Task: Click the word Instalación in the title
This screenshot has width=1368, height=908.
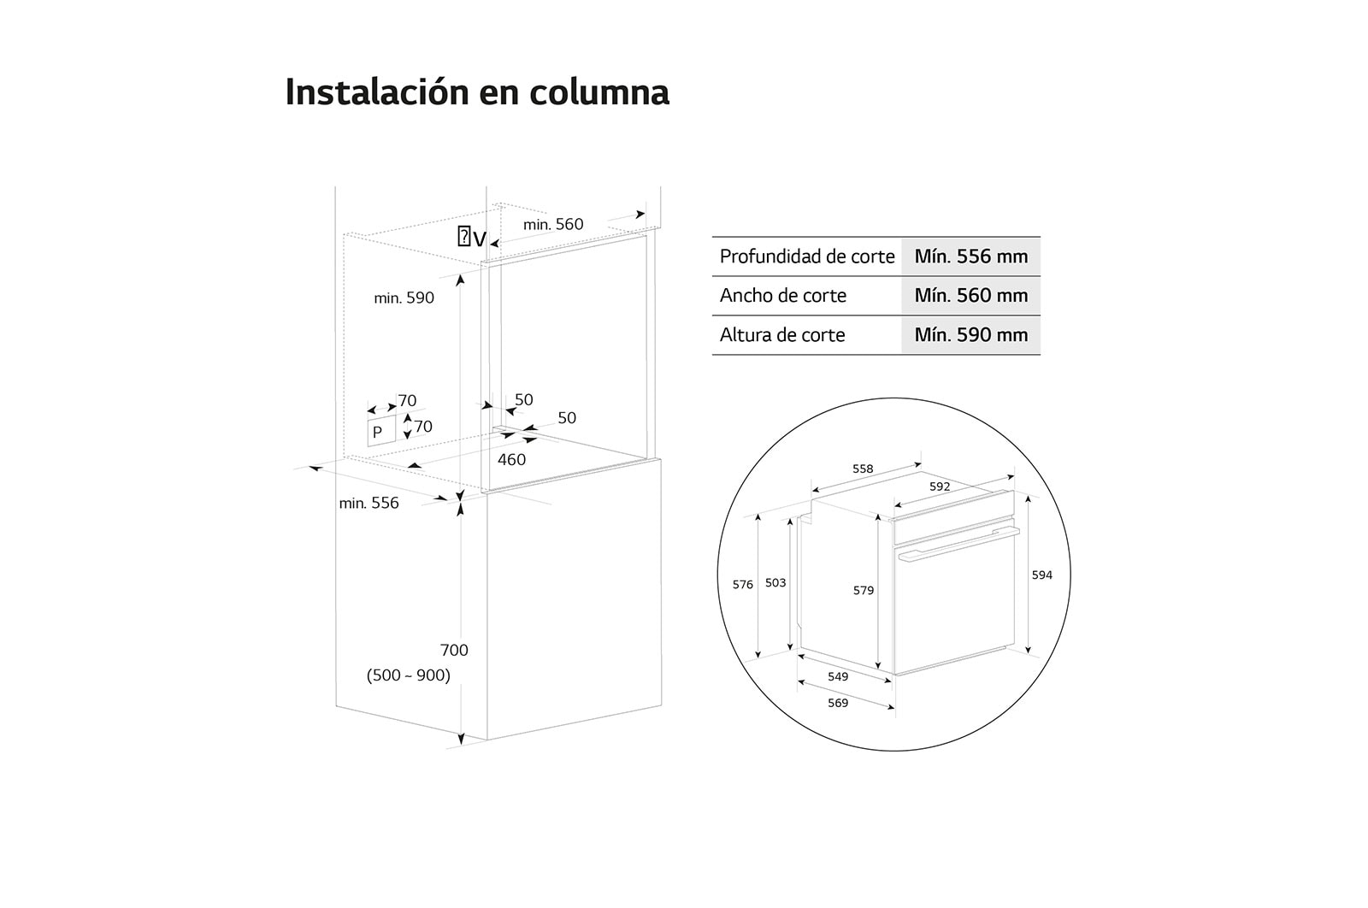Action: [377, 92]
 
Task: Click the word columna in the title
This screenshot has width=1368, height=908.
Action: [599, 92]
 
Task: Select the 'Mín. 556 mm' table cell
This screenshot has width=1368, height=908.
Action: [970, 256]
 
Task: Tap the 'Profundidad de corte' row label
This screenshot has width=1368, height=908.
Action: [807, 256]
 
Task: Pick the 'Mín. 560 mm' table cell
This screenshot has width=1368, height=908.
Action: [970, 296]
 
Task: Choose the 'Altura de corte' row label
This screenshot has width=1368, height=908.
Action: [782, 334]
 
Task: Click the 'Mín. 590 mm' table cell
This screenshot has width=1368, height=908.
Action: [970, 334]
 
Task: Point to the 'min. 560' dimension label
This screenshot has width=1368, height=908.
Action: [552, 224]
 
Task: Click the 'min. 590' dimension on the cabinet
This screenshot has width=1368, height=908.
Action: [404, 298]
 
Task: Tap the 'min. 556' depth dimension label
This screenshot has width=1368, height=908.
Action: [369, 503]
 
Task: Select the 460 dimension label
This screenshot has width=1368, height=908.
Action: [511, 459]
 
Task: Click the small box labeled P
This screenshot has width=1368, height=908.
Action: [381, 432]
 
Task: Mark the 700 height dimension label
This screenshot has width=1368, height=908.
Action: [454, 650]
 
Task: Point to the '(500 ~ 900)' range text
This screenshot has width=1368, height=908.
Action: [408, 675]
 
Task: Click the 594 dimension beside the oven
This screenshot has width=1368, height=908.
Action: [1042, 575]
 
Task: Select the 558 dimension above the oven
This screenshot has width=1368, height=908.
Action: [863, 469]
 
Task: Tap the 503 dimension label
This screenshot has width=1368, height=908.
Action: [775, 582]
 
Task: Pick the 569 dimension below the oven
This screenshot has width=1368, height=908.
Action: [838, 703]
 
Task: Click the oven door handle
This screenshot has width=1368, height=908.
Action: [958, 544]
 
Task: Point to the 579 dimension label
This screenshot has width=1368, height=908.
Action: [864, 591]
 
